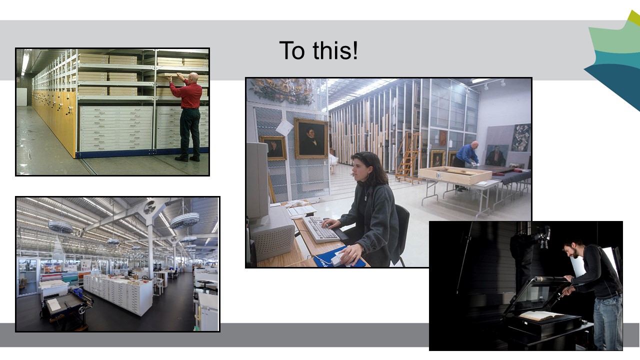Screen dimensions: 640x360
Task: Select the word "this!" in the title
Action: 335,50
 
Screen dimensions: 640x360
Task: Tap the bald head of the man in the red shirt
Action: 193,77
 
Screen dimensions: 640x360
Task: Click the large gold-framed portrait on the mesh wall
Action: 311,138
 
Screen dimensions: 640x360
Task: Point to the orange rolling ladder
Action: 408,157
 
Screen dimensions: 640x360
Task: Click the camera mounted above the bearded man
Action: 542,237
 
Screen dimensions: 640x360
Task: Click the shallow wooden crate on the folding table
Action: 455,175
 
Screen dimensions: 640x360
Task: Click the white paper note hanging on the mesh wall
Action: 284,127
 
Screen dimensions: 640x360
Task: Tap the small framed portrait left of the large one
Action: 273,148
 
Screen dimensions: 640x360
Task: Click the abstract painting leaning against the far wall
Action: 521,137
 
